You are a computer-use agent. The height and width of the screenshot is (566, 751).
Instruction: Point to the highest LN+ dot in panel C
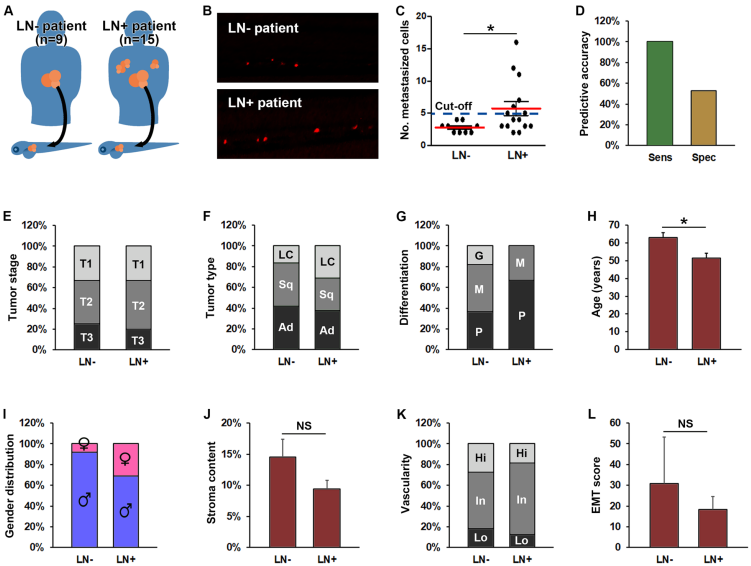pos(518,42)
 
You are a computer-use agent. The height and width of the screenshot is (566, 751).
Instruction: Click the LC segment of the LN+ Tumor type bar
pos(334,261)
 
